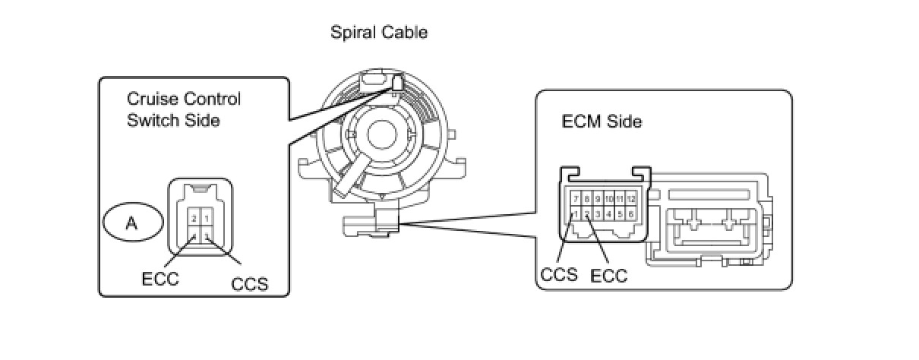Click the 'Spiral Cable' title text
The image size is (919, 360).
(379, 33)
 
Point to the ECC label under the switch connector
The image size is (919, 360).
(160, 279)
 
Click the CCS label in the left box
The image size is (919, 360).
(250, 286)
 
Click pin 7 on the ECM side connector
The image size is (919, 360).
(576, 199)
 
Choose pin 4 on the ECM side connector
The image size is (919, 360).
(609, 215)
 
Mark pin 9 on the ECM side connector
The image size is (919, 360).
(598, 199)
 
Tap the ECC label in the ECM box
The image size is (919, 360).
(609, 275)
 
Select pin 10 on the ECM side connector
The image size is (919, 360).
(609, 199)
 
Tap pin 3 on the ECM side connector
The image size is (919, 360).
(598, 215)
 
